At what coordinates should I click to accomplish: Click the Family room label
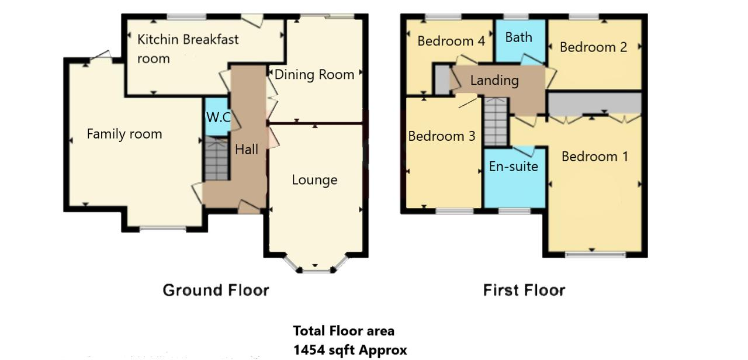click(124, 134)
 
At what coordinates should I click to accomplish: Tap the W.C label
click(219, 117)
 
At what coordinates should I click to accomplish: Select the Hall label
click(247, 150)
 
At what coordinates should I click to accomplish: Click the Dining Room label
click(314, 74)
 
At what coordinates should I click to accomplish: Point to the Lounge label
click(314, 180)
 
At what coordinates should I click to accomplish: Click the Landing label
click(494, 81)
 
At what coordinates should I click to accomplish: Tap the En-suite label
click(514, 167)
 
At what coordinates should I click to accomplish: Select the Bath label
click(518, 37)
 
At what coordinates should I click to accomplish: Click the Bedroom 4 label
click(451, 41)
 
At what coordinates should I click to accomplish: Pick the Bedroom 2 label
click(593, 47)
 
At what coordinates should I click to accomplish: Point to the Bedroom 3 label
click(442, 136)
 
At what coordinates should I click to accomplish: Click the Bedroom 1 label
click(595, 157)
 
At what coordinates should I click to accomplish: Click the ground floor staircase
click(217, 158)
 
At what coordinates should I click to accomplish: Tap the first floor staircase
click(496, 122)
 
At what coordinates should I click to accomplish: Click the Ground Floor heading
click(216, 290)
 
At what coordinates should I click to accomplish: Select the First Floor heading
click(524, 290)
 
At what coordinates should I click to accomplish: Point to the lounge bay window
click(316, 266)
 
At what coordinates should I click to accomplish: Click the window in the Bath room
click(516, 16)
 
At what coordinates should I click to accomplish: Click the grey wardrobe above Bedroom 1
click(595, 103)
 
